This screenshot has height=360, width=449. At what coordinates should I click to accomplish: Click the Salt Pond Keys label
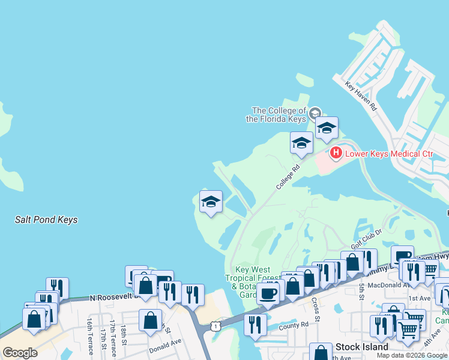coord(46,220)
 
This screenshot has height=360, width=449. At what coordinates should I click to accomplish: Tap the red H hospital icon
coord(336,154)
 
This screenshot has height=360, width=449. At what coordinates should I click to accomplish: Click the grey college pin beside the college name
coord(315,112)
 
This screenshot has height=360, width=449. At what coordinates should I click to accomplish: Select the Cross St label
coord(315,304)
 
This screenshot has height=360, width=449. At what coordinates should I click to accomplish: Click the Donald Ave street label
coord(166,347)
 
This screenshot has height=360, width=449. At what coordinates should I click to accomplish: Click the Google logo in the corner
coord(20,353)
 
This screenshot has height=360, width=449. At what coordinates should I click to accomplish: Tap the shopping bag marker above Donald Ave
coord(150,320)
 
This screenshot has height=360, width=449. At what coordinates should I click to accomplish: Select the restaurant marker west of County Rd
coord(255,325)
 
